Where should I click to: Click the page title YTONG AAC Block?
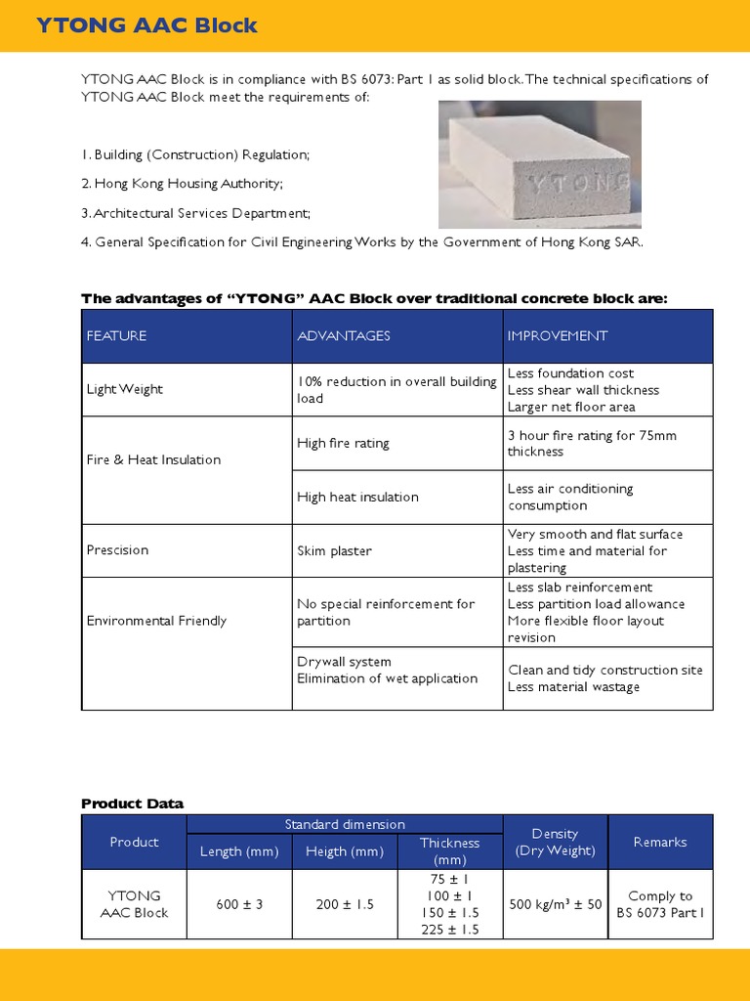point(146,25)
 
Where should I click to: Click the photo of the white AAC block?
point(538,164)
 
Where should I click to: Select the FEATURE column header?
point(116,335)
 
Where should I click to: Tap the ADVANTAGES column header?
point(344,335)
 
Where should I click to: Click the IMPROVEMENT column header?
point(557,335)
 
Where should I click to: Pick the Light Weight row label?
point(125,389)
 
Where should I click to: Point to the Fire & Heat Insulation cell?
point(153,459)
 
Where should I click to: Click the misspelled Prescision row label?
point(117,550)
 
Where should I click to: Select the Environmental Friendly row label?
point(156,621)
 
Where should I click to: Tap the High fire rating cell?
point(343,443)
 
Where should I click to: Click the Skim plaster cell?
point(334,550)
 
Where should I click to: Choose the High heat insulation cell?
point(357,497)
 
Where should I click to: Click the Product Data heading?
point(132,804)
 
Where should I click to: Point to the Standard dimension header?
point(345,825)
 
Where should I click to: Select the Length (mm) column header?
point(239,851)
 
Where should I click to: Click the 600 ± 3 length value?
point(239,904)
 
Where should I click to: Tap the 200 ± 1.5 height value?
point(345,904)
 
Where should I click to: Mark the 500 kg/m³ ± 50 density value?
point(556,904)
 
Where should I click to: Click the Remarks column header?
point(660,842)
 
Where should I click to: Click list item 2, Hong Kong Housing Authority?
point(183,184)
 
